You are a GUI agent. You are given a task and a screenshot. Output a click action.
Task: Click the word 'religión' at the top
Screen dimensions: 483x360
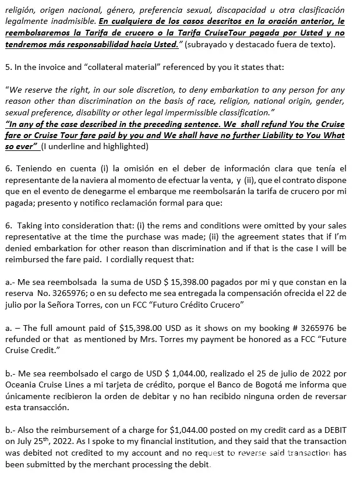[20, 10]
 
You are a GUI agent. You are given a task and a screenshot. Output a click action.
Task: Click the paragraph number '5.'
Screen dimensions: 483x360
[8, 67]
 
